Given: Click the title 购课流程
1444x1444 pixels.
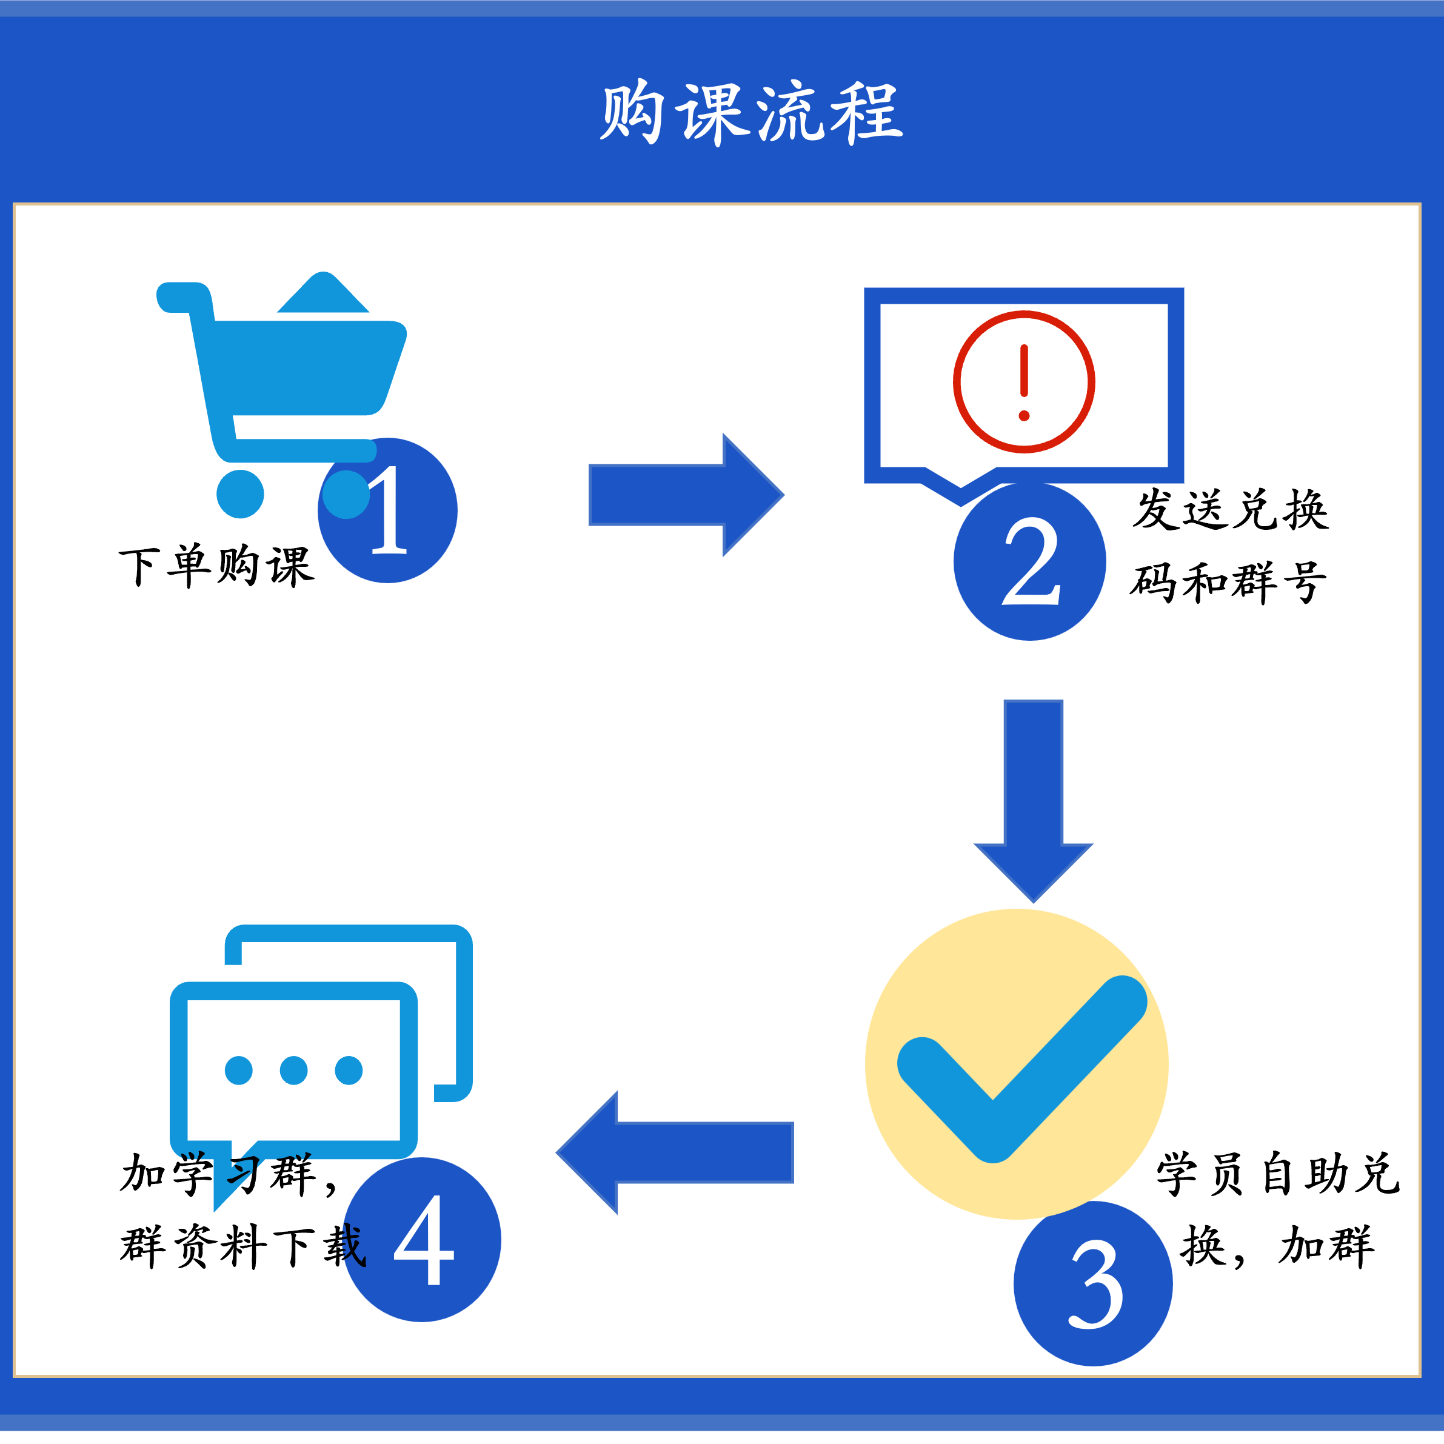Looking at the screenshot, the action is [750, 112].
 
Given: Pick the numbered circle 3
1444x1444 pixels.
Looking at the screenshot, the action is [1094, 1284].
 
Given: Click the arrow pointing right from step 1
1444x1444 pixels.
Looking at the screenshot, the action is [684, 495].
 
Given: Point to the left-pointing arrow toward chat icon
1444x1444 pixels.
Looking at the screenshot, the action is [677, 1152].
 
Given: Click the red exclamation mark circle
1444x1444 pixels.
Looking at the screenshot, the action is [1024, 382].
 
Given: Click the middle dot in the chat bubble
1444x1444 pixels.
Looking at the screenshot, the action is [294, 1071].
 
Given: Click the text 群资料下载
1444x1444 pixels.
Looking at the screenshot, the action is [243, 1246].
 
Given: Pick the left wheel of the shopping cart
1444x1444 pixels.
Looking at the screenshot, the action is [240, 494].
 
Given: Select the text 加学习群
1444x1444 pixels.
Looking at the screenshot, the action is [217, 1174].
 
